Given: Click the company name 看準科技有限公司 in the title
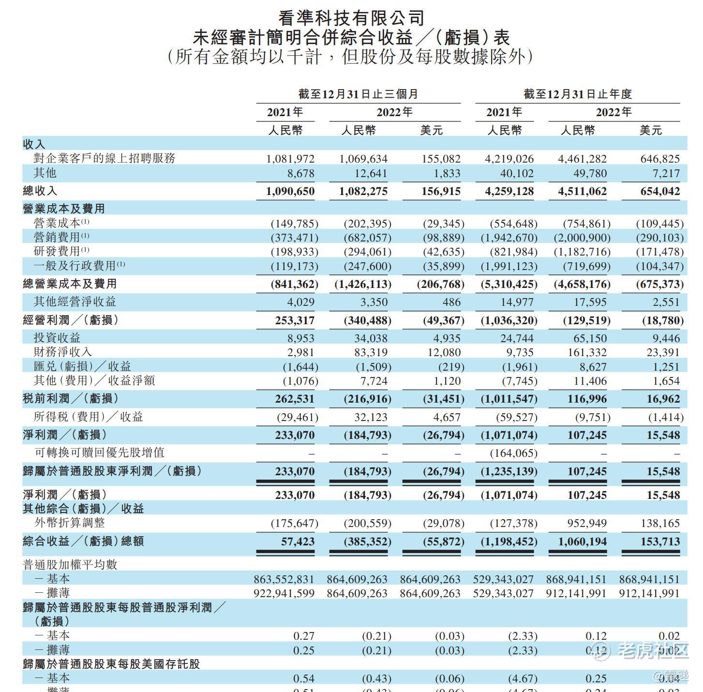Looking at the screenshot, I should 351,18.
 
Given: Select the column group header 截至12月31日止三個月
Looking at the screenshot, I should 358,94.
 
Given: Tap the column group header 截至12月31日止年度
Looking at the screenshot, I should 578,94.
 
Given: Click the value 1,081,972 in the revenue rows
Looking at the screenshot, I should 290,159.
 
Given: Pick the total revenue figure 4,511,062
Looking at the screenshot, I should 582,191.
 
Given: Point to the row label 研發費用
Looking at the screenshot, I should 57,252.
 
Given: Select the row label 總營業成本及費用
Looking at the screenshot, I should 70,284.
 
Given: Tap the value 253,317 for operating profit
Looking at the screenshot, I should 295,320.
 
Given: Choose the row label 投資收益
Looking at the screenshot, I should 57,338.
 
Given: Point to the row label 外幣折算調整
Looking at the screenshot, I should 70,523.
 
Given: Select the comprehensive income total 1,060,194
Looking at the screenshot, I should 582,542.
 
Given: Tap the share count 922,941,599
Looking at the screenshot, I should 284,593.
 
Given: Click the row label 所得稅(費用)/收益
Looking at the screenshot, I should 88,417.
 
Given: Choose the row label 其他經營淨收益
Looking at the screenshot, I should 75,302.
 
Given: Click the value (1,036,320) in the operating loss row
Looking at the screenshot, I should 509,320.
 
